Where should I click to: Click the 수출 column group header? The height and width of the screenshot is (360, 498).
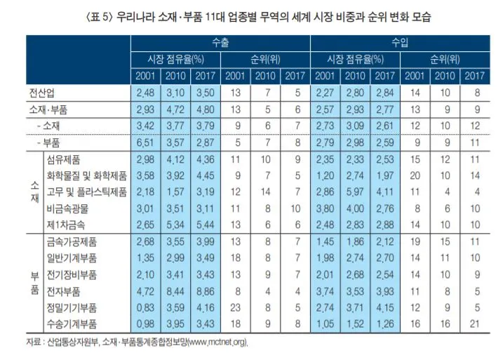[220, 43]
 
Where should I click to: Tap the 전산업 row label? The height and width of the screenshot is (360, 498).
[40, 93]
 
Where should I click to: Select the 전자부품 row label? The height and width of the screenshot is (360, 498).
[65, 291]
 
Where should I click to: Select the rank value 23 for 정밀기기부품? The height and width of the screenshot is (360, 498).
[236, 307]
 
